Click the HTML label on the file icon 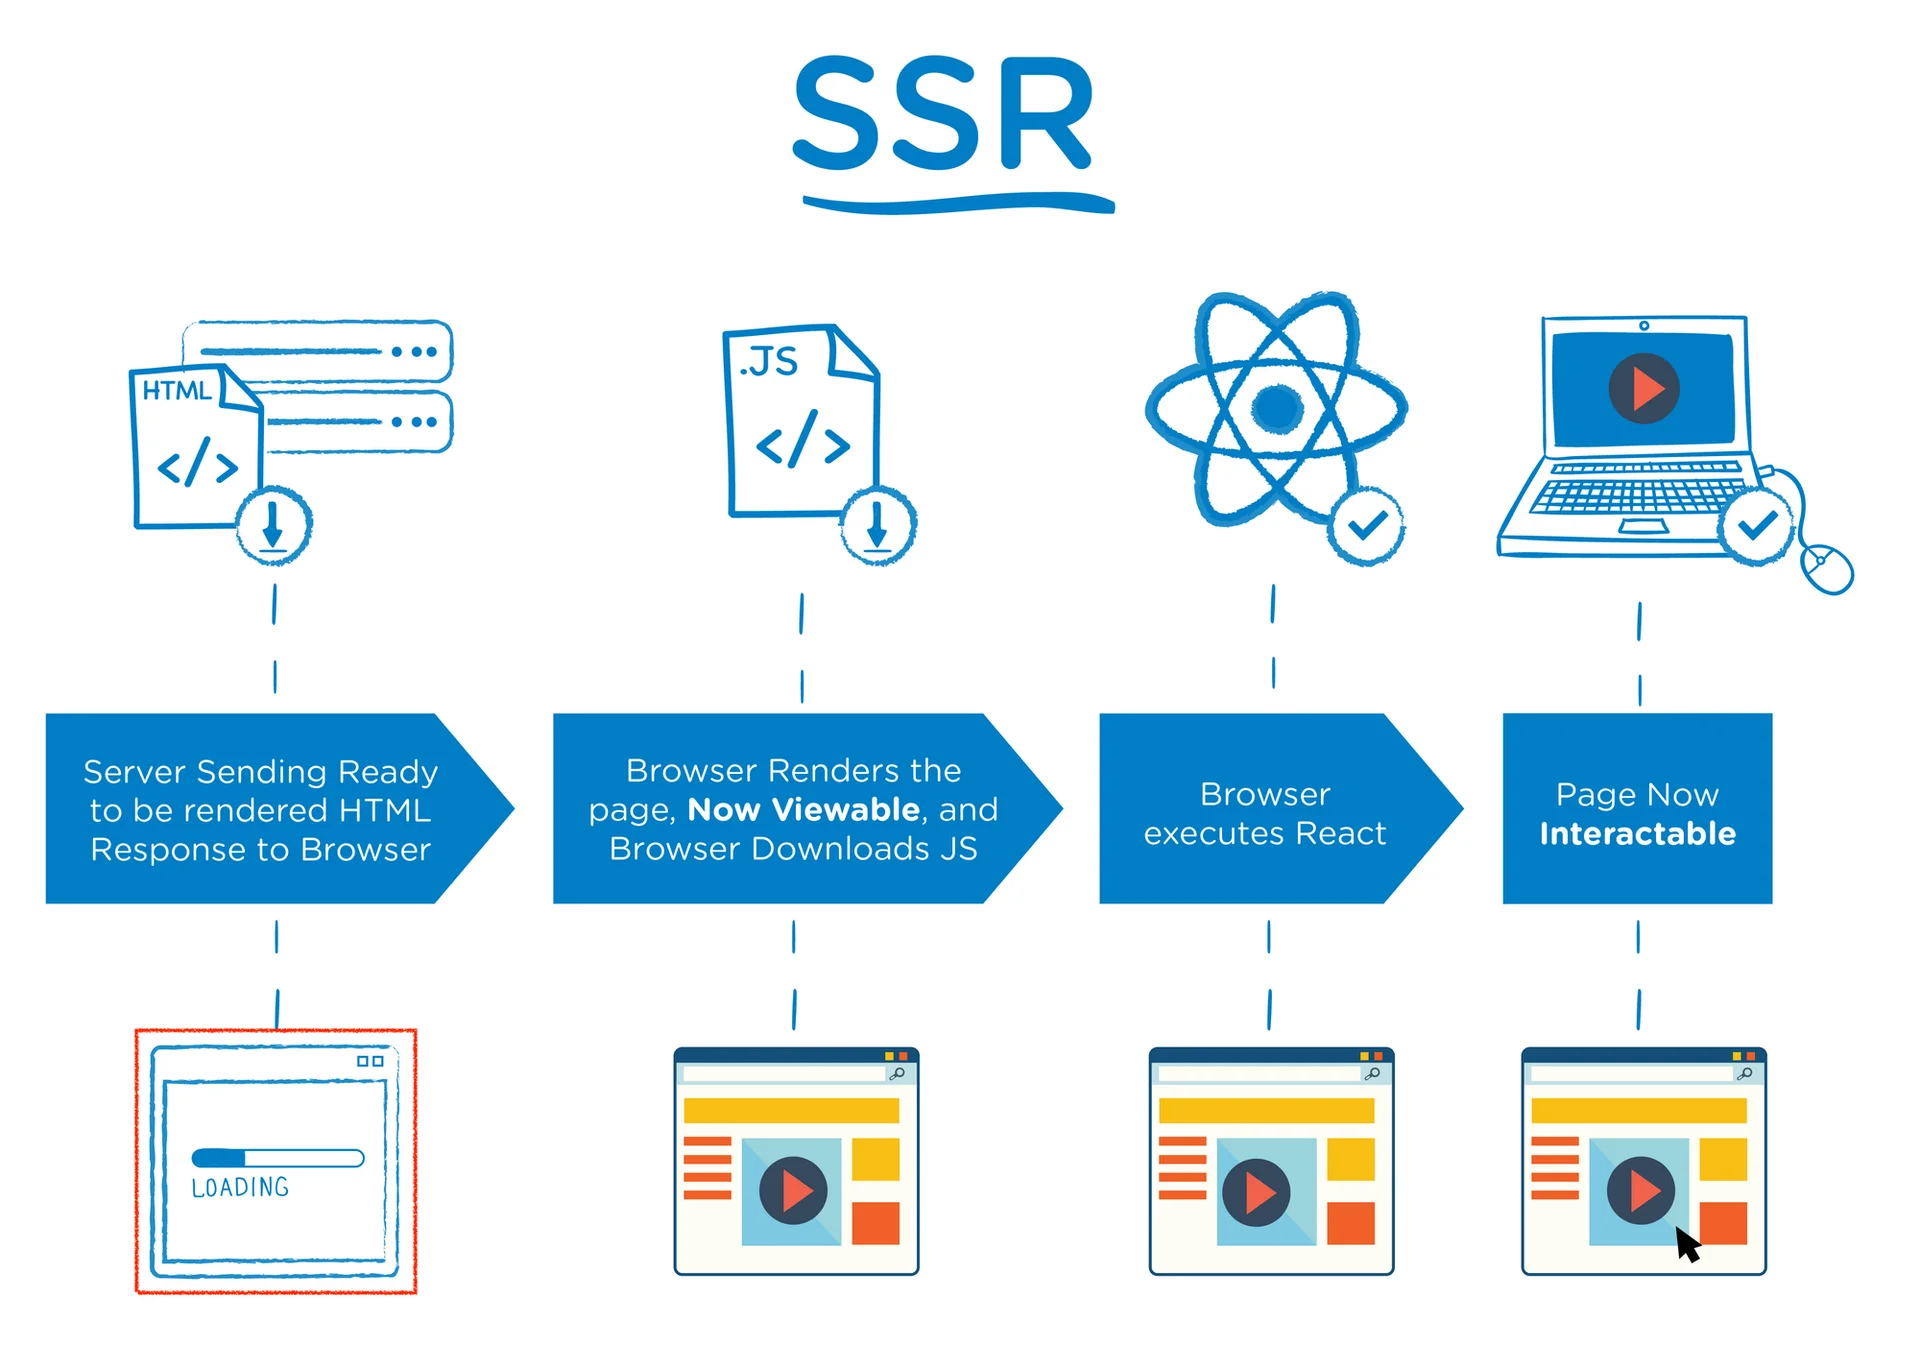point(177,391)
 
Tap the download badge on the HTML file point(273,525)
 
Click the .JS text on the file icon point(768,362)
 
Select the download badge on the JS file point(877,525)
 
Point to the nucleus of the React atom point(1277,407)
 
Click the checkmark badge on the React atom point(1366,525)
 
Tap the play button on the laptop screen point(1643,388)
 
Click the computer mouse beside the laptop point(1826,568)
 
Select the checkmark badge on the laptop point(1756,525)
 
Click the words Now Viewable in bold point(803,809)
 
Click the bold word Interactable point(1637,833)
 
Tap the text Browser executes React point(1264,813)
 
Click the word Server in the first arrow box point(134,772)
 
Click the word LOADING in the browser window point(240,1187)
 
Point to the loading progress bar point(278,1158)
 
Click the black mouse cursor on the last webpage point(1687,1246)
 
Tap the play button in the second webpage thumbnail point(792,1191)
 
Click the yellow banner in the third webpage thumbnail point(1265,1110)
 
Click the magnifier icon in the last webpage point(1744,1073)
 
